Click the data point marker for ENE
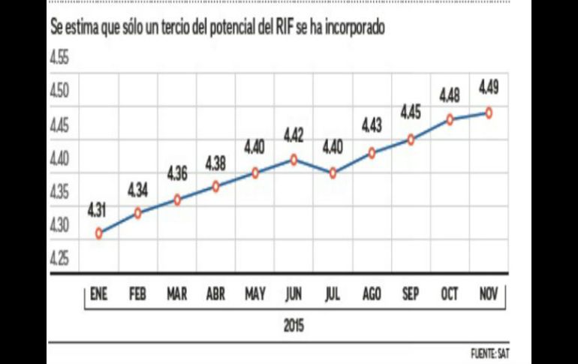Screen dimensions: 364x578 click(99, 233)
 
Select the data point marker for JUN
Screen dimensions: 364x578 click(294, 159)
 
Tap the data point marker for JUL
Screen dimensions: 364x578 click(333, 173)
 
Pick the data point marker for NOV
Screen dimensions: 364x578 click(489, 113)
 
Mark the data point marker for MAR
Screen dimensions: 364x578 click(177, 200)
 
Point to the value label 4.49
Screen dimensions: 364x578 click(489, 91)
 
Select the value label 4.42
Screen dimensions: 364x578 click(294, 137)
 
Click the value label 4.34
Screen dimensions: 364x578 click(138, 191)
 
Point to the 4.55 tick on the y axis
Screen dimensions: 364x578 click(59, 59)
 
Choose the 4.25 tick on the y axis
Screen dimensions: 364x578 click(59, 260)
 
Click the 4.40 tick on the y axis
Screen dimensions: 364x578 click(59, 159)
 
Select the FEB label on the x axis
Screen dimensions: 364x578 click(138, 295)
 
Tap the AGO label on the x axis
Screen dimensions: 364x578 click(372, 295)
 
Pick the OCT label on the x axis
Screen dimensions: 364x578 click(450, 295)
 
